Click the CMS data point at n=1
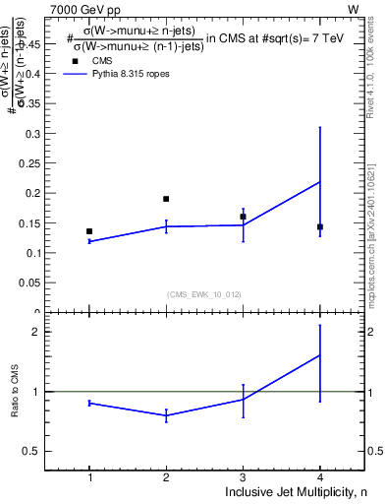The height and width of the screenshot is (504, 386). coord(89,231)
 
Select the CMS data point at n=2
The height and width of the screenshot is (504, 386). coord(166,199)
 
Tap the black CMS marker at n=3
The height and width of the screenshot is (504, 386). coord(243,217)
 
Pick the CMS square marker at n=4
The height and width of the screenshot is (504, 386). coord(320,226)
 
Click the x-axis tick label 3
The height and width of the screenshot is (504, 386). coord(243,477)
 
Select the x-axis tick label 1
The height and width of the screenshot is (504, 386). coord(89,477)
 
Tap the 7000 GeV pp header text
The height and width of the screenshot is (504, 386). coord(86,8)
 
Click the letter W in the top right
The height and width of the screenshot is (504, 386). coord(353,8)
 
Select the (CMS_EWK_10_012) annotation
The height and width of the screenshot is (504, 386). coord(204,293)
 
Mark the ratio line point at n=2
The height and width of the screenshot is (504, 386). coord(166,415)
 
